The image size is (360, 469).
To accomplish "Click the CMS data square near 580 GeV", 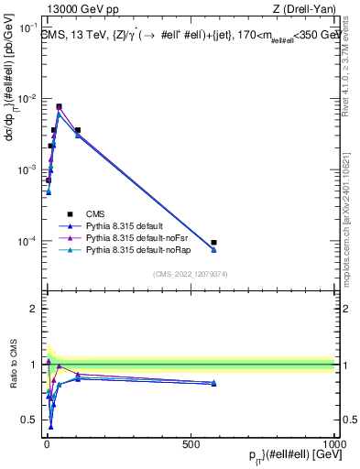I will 213,243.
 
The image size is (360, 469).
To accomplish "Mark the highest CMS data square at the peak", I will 60,107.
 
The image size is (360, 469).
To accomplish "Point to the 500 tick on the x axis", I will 191,442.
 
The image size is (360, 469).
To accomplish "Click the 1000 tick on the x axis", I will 335,442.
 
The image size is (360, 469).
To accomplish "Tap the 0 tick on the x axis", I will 47,442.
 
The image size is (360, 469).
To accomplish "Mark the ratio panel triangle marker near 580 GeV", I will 213,383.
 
